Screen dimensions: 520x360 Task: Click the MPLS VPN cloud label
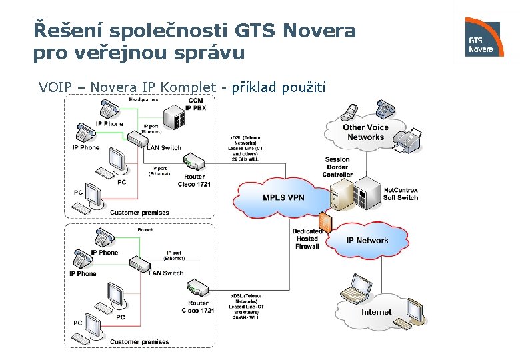coord(283,197)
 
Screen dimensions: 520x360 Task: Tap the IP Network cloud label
coord(367,240)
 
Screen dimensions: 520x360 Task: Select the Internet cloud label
coord(377,312)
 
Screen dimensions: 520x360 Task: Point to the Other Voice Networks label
coord(365,132)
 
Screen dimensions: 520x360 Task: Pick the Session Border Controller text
coord(337,167)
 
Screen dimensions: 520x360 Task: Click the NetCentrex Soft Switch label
coord(401,194)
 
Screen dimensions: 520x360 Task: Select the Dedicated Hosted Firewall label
coord(307,239)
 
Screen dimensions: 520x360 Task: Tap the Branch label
coord(145,229)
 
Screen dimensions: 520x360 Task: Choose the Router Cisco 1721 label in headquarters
coord(195,181)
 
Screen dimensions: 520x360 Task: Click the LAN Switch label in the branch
coord(166,273)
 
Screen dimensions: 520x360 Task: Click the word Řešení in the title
coord(65,31)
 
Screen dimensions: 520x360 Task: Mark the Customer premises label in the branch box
coord(139,341)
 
